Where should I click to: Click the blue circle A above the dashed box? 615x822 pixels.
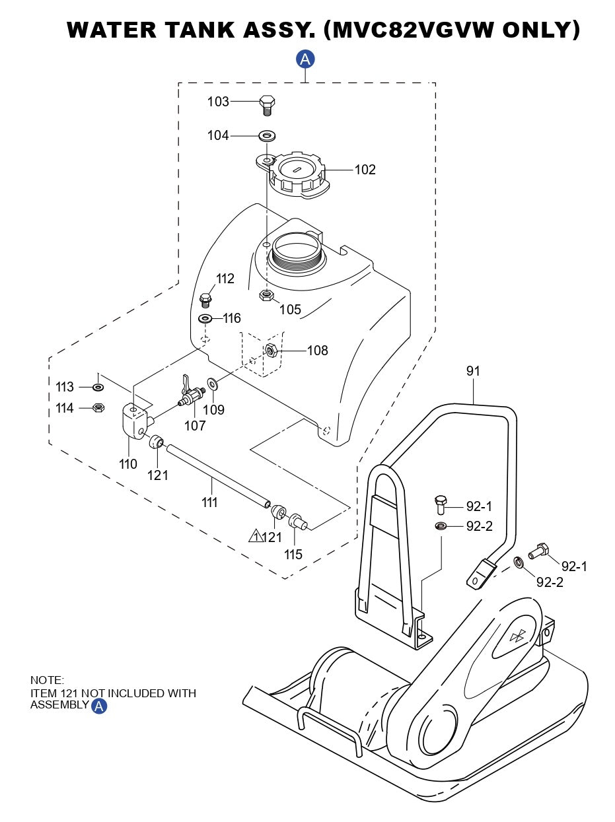pos(305,59)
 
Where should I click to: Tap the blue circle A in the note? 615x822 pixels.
pos(99,706)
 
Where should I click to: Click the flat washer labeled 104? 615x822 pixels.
pos(268,136)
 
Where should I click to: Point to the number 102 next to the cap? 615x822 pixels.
pos(365,170)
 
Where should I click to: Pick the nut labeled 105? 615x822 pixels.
pos(266,294)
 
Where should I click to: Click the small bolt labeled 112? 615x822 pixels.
pos(205,300)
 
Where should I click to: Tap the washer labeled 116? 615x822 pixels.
pos(205,320)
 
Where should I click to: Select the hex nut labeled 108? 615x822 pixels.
pos(270,349)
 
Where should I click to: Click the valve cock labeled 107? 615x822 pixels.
pos(189,395)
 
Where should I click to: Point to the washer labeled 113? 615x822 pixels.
pos(98,387)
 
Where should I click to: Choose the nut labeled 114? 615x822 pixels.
pos(97,408)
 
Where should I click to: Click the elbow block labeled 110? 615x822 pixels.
pos(135,422)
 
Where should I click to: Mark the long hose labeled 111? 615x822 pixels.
pos(218,476)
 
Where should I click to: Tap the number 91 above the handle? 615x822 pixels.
pos(473,371)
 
